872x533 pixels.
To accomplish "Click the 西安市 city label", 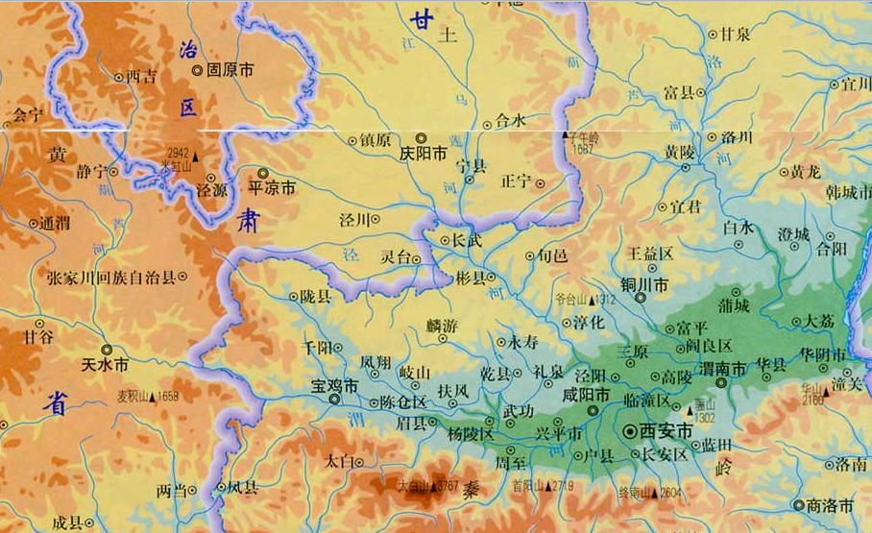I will (666, 433).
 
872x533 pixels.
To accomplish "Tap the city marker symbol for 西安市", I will (631, 433).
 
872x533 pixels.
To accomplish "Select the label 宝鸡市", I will (334, 386).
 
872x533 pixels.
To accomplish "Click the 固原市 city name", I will (230, 70).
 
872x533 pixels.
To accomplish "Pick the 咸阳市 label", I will (586, 395).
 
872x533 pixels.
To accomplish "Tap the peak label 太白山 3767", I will (427, 486).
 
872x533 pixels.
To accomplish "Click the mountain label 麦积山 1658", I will (148, 396).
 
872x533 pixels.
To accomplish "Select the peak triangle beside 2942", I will (196, 155).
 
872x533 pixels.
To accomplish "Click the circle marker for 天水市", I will (106, 351).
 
